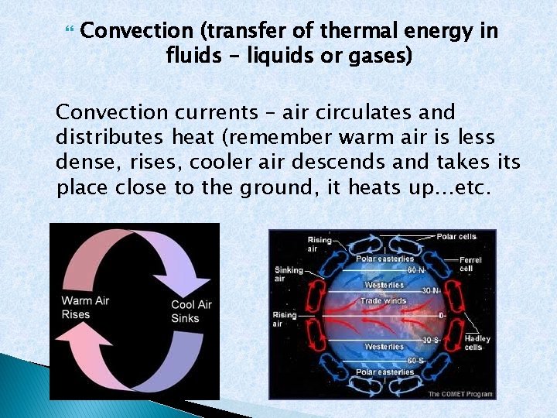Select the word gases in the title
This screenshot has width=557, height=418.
click(x=380, y=57)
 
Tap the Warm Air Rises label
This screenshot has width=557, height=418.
click(x=87, y=307)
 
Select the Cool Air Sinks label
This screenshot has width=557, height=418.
click(x=191, y=311)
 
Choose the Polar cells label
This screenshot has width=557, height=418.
click(x=457, y=236)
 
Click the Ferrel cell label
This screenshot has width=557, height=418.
click(x=470, y=264)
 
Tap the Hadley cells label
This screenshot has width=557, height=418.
click(x=477, y=343)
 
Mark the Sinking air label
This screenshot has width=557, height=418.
click(x=289, y=274)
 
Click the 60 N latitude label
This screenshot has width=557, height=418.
click(x=415, y=270)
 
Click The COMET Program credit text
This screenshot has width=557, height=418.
click(x=461, y=394)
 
